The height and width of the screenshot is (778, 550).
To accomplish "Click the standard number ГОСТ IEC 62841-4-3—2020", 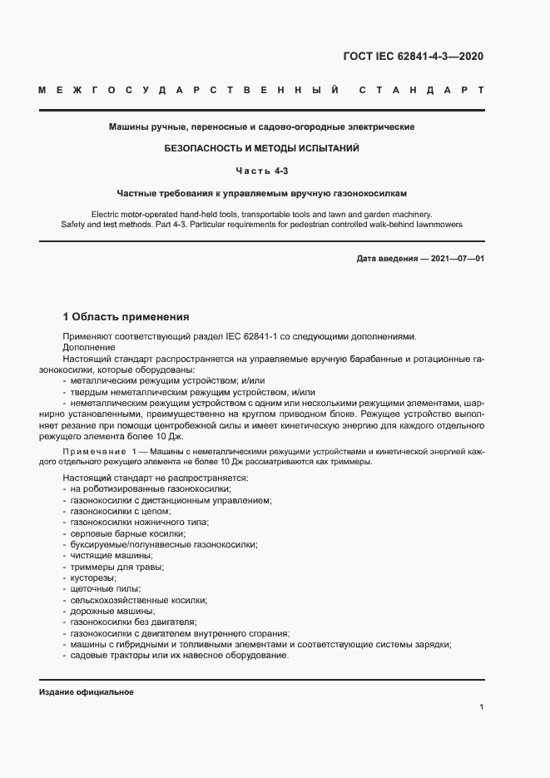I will (413, 57).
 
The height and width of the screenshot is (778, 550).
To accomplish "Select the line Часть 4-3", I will (262, 171).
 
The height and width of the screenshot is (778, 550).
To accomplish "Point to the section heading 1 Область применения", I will (126, 317).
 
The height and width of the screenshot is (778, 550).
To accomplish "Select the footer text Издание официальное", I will (86, 692).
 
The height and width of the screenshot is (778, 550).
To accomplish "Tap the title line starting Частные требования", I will (262, 192).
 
